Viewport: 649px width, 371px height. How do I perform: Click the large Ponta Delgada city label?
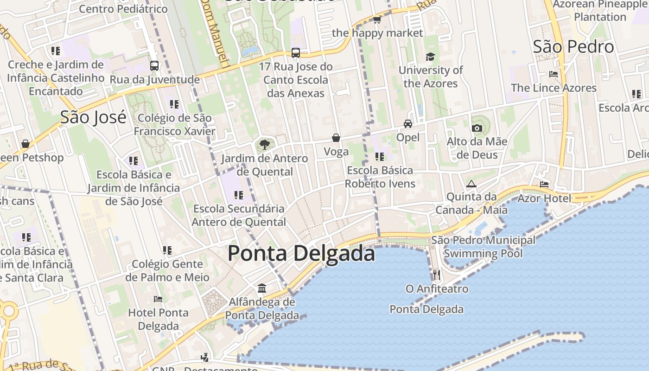click(301, 254)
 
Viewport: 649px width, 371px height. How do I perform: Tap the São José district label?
click(93, 117)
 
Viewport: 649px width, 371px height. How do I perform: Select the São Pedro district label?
click(573, 47)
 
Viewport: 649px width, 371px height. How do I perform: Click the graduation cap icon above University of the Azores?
click(431, 57)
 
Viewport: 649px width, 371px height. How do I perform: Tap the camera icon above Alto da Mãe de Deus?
click(477, 128)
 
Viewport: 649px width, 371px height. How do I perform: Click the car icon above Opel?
click(408, 124)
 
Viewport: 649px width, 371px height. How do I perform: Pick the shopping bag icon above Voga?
click(336, 138)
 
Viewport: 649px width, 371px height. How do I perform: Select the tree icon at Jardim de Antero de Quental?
click(264, 145)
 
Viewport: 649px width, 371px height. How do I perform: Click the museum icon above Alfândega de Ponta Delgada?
click(262, 288)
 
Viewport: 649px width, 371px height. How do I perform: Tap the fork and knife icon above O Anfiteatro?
click(436, 275)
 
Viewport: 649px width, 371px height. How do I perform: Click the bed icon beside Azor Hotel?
click(544, 185)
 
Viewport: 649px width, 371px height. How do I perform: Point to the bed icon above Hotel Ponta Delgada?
click(158, 299)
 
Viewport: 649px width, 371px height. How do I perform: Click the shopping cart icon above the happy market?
click(377, 19)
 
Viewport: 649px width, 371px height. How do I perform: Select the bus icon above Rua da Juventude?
click(154, 66)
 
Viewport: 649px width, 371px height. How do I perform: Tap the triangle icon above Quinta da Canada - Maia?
click(471, 184)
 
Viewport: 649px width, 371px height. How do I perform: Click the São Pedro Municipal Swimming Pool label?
click(483, 247)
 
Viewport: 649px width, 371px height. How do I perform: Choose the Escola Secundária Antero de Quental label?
click(239, 215)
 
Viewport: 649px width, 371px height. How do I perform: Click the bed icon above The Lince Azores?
click(553, 74)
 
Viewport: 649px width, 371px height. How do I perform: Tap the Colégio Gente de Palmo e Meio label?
click(167, 271)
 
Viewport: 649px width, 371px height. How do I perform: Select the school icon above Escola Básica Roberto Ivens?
click(380, 157)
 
